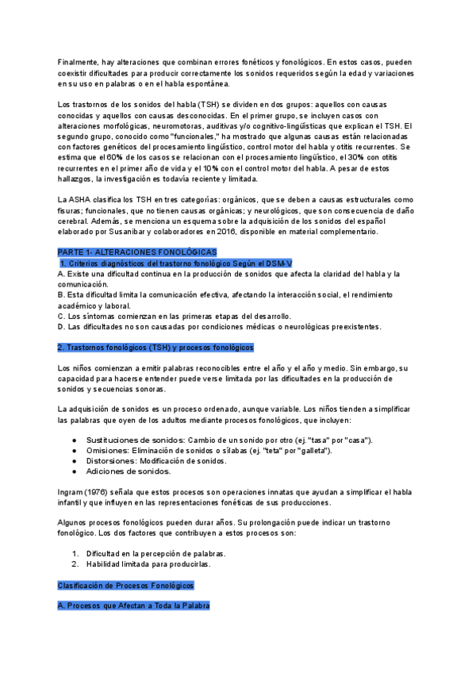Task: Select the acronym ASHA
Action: coord(82,200)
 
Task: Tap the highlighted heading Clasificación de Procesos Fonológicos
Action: coord(125,585)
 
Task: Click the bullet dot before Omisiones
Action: coord(74,451)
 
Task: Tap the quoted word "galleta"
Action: coord(310,451)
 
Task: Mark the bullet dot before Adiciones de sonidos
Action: coord(74,471)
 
